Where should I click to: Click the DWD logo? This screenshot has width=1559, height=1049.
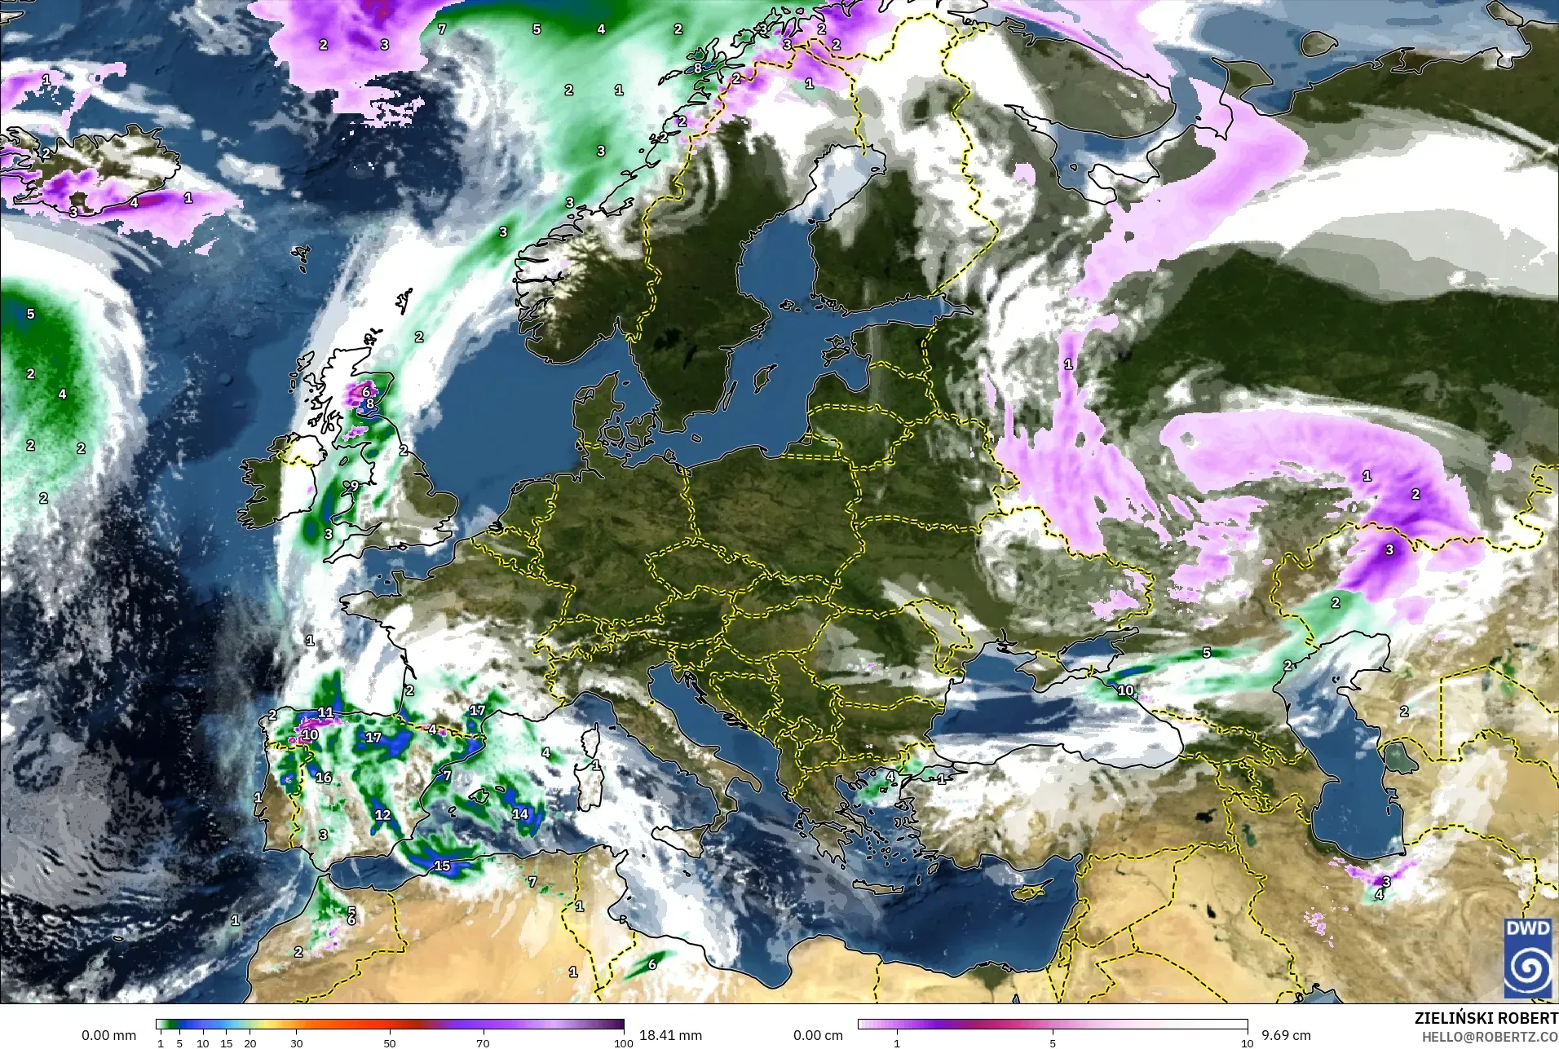[1528, 959]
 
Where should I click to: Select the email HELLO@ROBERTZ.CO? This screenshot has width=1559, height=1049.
[1490, 1037]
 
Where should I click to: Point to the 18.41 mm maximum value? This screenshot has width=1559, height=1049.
[670, 1035]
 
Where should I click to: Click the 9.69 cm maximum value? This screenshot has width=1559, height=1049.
[1286, 1035]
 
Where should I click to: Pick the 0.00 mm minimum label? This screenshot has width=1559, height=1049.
[108, 1035]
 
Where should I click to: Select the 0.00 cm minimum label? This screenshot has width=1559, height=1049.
[819, 1035]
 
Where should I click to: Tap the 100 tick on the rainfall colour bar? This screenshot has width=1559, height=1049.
[623, 1042]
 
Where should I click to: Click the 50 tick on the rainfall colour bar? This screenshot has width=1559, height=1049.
[390, 1042]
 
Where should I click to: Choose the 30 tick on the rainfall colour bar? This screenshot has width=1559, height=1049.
[297, 1042]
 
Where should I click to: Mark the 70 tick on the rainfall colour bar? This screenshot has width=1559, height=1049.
[483, 1042]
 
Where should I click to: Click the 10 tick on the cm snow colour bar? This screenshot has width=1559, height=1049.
[1247, 1042]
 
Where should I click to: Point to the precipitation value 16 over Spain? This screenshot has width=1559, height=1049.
[324, 777]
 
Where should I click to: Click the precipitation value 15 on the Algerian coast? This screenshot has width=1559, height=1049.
[442, 866]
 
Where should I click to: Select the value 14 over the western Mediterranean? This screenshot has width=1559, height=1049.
[520, 813]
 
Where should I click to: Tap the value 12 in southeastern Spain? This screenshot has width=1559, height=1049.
[382, 814]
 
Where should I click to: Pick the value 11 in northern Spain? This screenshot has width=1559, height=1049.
[325, 712]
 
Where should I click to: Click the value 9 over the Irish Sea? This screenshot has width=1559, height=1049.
[354, 486]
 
